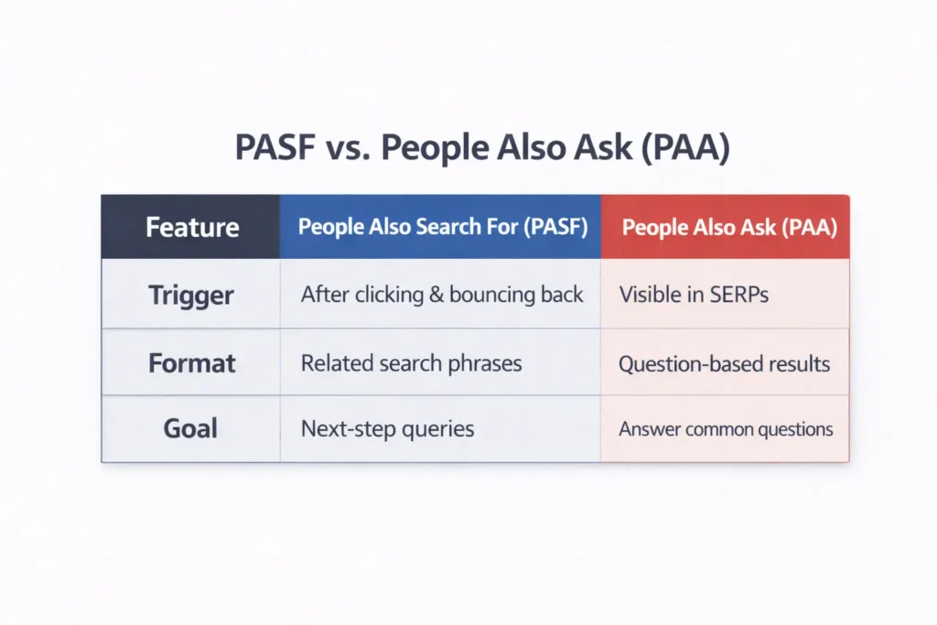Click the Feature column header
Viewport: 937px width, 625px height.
tap(192, 227)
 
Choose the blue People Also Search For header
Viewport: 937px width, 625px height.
tap(442, 227)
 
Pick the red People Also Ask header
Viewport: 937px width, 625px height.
tap(729, 227)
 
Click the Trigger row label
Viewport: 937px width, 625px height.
tap(191, 295)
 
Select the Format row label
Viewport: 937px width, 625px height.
tap(192, 362)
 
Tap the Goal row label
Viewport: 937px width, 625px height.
tap(191, 428)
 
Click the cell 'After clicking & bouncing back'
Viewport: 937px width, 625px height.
tap(442, 295)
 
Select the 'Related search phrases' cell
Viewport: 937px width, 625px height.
tap(411, 362)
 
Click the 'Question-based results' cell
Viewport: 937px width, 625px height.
tap(724, 363)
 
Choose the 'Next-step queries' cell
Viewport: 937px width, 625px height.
tap(387, 428)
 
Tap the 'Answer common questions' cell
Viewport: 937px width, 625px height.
tap(726, 428)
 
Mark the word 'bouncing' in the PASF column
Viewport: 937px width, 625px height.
tap(489, 296)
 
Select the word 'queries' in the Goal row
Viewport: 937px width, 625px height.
tap(436, 429)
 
